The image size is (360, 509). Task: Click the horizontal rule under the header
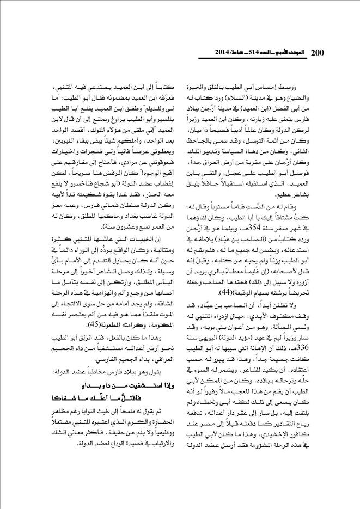pos(180,61)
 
